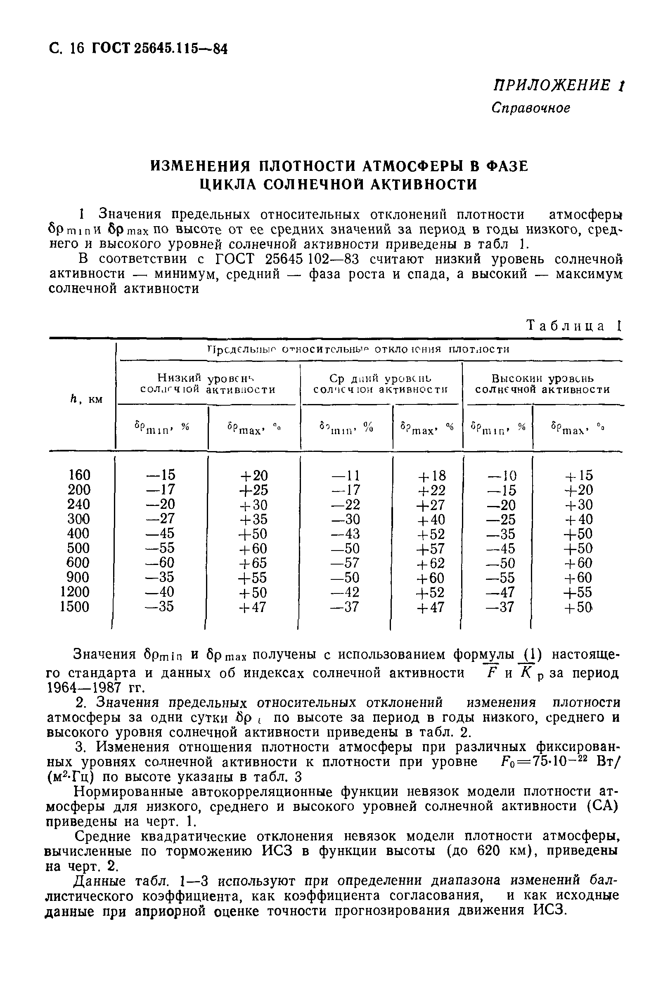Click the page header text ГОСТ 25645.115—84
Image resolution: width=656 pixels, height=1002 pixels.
tap(160, 49)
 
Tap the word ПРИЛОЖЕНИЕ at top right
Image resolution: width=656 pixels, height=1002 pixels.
tap(552, 85)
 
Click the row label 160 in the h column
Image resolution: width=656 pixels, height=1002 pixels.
tap(79, 475)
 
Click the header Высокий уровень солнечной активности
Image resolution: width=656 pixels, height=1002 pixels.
tap(542, 383)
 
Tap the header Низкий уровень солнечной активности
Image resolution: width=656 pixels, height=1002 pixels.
tap(208, 383)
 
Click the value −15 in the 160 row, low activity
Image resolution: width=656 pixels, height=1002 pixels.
tap(161, 475)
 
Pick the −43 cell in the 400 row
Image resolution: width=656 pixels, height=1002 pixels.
tap(345, 534)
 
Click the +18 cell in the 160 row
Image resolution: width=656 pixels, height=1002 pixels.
tap(431, 475)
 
